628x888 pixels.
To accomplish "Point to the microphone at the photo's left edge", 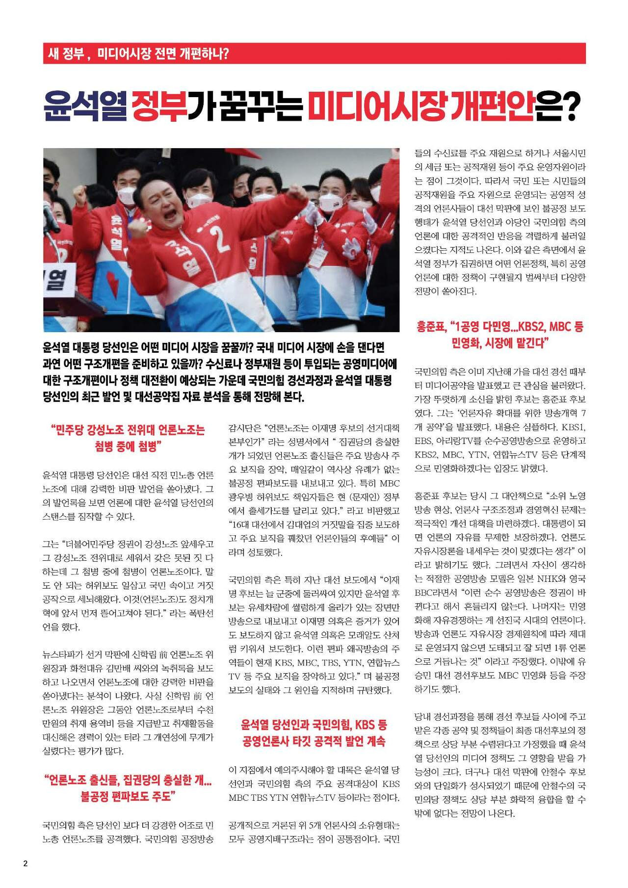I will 49,216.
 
